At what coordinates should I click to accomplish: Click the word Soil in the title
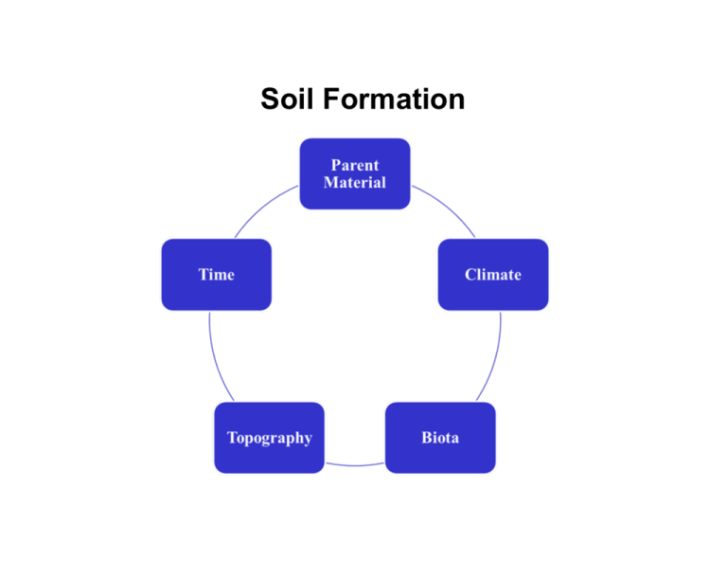point(288,99)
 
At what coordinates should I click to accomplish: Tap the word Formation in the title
point(394,99)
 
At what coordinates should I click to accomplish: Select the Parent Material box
point(355,173)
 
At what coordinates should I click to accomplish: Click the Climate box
point(493,274)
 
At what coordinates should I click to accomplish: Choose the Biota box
point(440,438)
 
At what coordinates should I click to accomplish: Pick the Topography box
point(269,438)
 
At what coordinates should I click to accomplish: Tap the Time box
point(216,274)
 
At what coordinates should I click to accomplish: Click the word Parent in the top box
point(355,165)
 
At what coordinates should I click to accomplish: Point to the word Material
point(355,182)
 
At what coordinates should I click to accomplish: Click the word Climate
point(493,275)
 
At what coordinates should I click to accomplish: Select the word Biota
point(440,438)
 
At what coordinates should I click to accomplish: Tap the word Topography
point(270,439)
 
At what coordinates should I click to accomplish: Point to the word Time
point(216,275)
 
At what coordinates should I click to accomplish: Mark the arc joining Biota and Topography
point(355,465)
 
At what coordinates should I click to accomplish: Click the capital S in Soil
point(271,99)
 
